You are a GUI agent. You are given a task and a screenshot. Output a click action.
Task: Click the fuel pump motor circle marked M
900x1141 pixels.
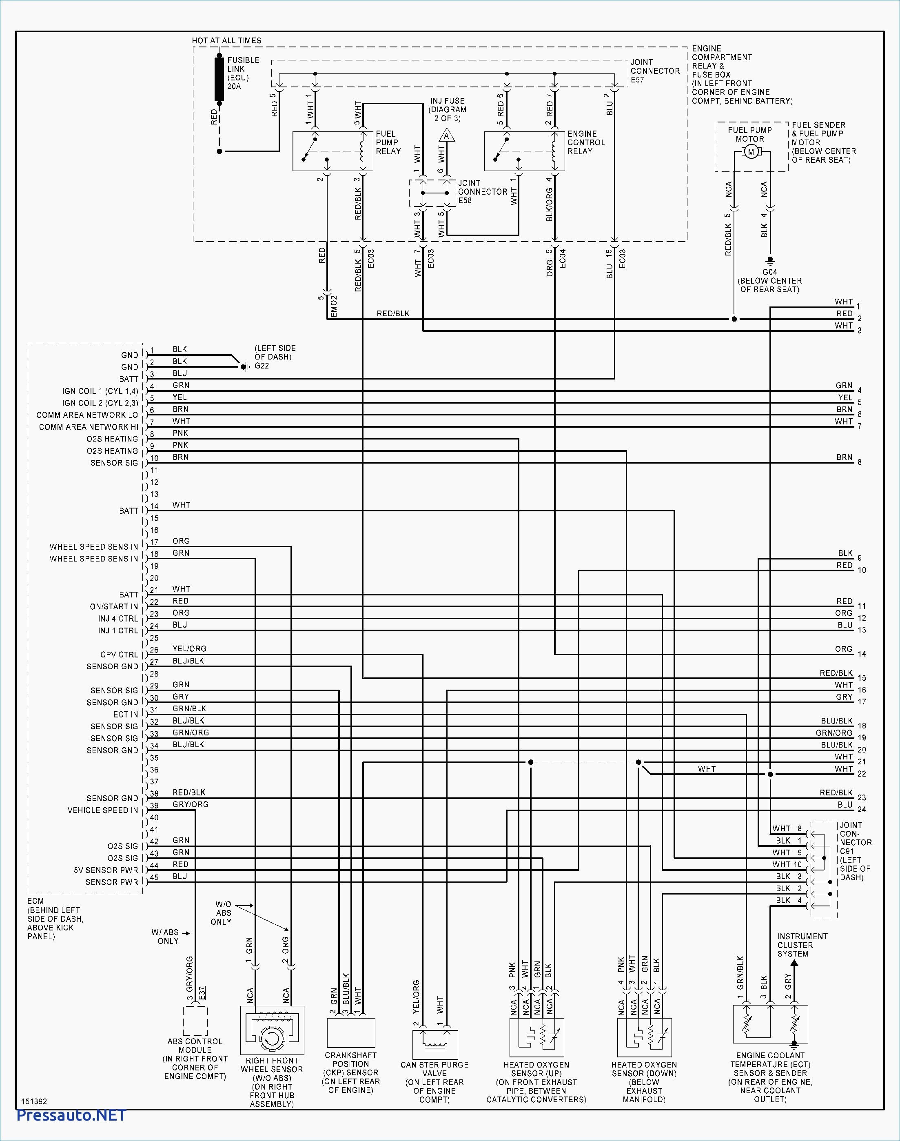[x=751, y=152]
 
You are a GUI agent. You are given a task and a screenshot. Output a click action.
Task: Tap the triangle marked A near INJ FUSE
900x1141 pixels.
[x=446, y=136]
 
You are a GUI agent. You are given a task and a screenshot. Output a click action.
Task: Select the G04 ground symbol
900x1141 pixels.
[x=769, y=260]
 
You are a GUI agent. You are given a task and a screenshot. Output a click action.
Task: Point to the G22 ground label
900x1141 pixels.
[x=262, y=366]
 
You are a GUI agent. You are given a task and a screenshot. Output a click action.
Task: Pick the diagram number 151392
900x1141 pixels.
[x=34, y=1101]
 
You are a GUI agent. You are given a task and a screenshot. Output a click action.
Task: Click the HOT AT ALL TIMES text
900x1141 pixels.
[x=226, y=40]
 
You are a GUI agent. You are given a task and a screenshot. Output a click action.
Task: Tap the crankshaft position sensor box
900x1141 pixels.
[x=351, y=1032]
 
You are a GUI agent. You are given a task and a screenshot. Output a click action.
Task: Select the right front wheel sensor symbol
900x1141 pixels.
[x=272, y=1030]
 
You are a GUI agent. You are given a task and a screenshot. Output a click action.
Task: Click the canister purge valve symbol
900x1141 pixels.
[x=435, y=1044]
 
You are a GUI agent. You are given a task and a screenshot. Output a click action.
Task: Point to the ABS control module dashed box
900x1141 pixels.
[x=195, y=1021]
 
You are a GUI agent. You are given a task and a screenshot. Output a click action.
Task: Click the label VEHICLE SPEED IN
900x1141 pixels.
[x=103, y=810]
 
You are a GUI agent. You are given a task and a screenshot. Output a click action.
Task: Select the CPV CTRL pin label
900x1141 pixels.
[x=119, y=655]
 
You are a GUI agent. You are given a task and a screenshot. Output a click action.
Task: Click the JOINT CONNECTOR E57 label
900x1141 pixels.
[x=655, y=71]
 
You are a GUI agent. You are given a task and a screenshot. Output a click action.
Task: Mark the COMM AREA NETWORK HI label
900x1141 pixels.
[x=89, y=427]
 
